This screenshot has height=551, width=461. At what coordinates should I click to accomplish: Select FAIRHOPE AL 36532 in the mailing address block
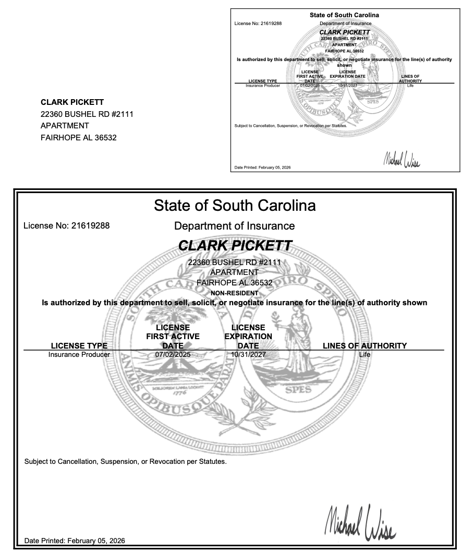(79, 138)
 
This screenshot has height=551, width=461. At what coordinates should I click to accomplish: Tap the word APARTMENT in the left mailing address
(65, 126)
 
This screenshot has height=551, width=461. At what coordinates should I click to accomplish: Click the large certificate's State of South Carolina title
(235, 206)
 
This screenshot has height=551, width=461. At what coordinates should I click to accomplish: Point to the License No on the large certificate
(67, 226)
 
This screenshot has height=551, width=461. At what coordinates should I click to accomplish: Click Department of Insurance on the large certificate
(234, 226)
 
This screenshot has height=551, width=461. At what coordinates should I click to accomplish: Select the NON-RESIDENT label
(234, 293)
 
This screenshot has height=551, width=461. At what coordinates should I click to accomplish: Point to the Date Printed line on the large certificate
(75, 541)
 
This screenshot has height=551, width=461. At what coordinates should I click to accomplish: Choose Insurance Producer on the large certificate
(79, 355)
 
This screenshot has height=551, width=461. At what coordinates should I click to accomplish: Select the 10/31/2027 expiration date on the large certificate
(248, 355)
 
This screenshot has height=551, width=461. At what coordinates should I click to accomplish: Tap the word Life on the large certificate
(365, 355)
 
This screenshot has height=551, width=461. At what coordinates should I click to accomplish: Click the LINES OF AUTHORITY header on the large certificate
(365, 345)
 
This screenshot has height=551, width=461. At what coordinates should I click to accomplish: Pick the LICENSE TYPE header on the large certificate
(79, 345)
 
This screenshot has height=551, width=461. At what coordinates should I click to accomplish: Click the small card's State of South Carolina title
(344, 15)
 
